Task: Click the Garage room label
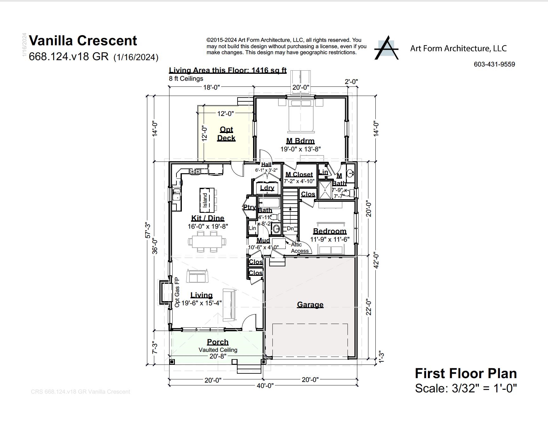coord(310,305)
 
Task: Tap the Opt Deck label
coord(226,134)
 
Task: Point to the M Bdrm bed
coord(301,116)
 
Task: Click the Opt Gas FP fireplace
coord(165,292)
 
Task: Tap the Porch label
coord(218,342)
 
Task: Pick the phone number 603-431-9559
coord(494,64)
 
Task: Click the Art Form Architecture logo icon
coord(386,48)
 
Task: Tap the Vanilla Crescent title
coord(83,41)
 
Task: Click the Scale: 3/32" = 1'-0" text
coord(466,388)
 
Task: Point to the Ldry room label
coord(267,188)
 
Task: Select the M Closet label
coord(299,174)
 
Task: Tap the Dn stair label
coord(290,228)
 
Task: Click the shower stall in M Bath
coord(324,190)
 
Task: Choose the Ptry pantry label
coord(249,207)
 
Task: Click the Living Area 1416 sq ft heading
coord(227,70)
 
